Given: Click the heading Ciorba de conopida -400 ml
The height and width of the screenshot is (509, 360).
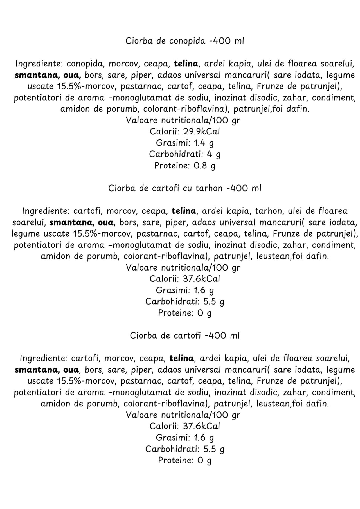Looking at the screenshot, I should [184, 41].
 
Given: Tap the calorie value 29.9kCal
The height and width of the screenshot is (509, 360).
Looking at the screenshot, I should [201, 132].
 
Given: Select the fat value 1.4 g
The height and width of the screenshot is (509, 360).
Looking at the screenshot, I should [204, 143].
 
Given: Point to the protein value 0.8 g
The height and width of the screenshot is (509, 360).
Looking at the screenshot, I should [204, 166].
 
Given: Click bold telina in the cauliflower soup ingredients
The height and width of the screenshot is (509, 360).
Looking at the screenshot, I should [186, 64].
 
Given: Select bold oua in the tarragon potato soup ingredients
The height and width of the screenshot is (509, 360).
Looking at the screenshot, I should [105, 222].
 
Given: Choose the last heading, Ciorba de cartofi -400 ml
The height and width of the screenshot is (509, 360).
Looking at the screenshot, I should [184, 336].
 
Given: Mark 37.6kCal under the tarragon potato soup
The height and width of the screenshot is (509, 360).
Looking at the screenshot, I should [201, 279].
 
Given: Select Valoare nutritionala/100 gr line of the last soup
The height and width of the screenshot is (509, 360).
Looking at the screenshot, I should [183, 415].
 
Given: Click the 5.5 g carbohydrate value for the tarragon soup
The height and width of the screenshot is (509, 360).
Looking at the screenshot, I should [214, 302].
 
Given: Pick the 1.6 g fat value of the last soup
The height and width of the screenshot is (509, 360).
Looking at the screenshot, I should [204, 438].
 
